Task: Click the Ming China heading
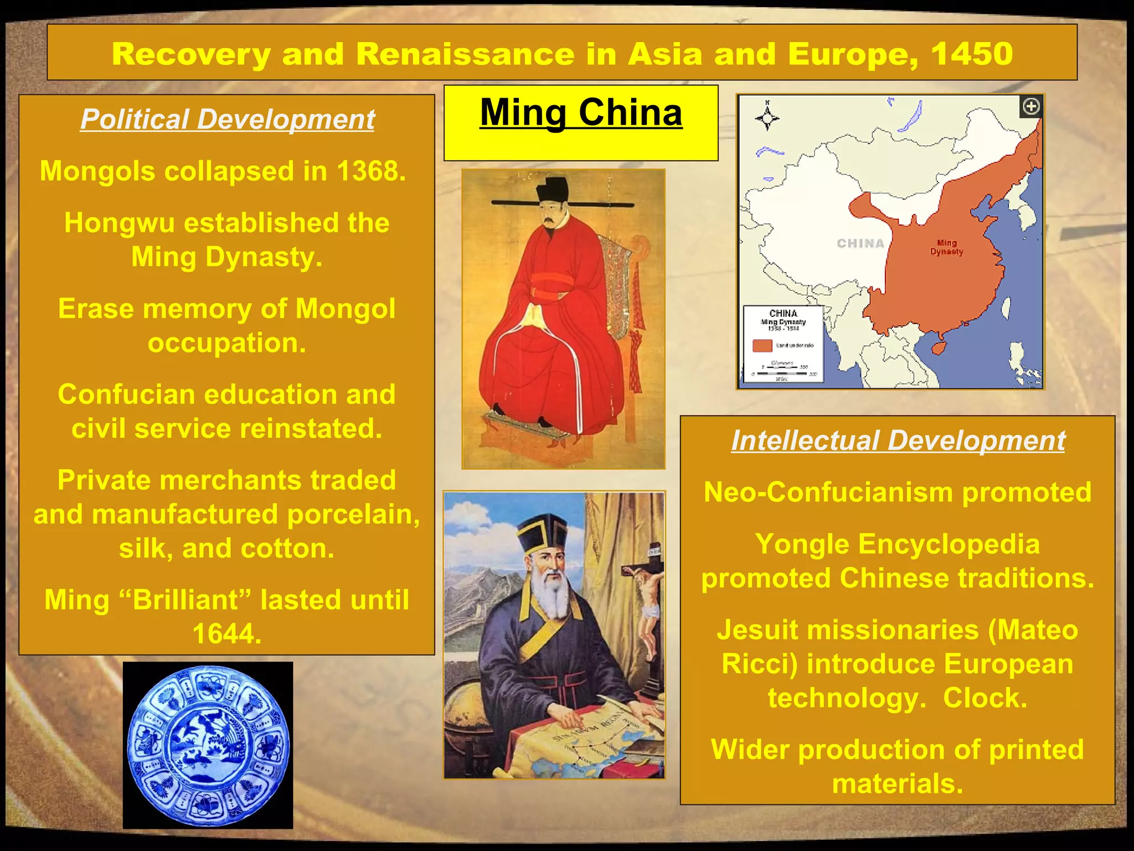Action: click(x=581, y=113)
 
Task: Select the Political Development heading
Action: click(x=228, y=119)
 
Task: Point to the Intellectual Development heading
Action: click(x=898, y=441)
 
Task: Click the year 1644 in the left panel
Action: click(x=227, y=634)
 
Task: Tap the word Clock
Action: click(x=985, y=698)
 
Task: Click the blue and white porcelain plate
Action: click(x=208, y=746)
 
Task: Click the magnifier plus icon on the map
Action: click(x=1031, y=106)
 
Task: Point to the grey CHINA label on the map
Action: click(x=860, y=244)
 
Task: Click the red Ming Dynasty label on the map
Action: click(x=946, y=248)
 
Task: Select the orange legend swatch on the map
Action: click(x=762, y=345)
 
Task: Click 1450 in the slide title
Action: click(x=972, y=54)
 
